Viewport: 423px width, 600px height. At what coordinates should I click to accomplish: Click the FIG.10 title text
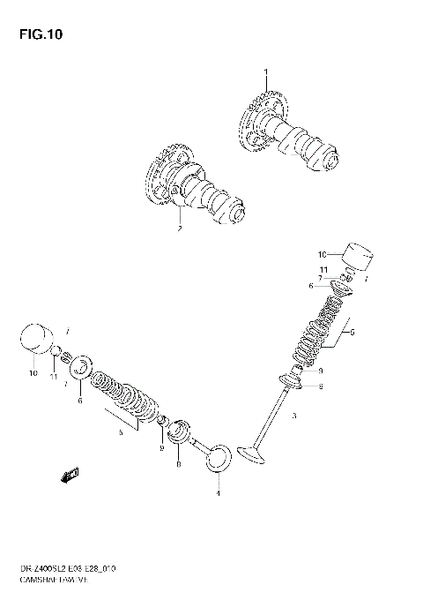click(x=37, y=35)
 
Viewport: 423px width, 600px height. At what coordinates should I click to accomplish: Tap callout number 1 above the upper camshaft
click(x=263, y=71)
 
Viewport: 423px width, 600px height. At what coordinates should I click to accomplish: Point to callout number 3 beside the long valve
click(x=294, y=416)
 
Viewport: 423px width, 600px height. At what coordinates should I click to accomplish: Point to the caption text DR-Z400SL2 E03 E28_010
click(x=65, y=574)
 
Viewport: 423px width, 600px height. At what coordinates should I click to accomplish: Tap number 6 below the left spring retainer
click(x=80, y=401)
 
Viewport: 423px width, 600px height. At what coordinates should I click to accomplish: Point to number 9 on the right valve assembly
click(x=321, y=371)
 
